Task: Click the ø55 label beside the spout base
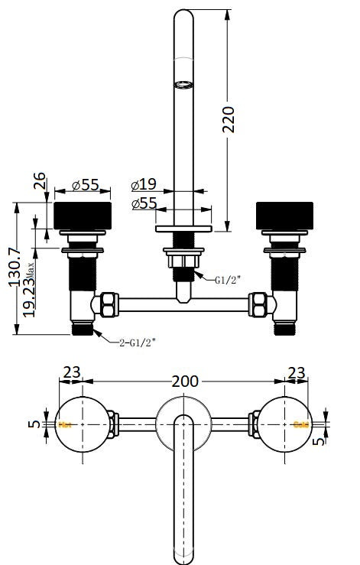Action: coord(144,203)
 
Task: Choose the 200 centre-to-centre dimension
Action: coord(185,380)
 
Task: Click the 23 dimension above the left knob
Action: coord(72,373)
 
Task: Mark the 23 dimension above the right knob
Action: coord(297,373)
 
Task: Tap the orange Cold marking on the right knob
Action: coord(301,424)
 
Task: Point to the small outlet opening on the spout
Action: coord(183,84)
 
